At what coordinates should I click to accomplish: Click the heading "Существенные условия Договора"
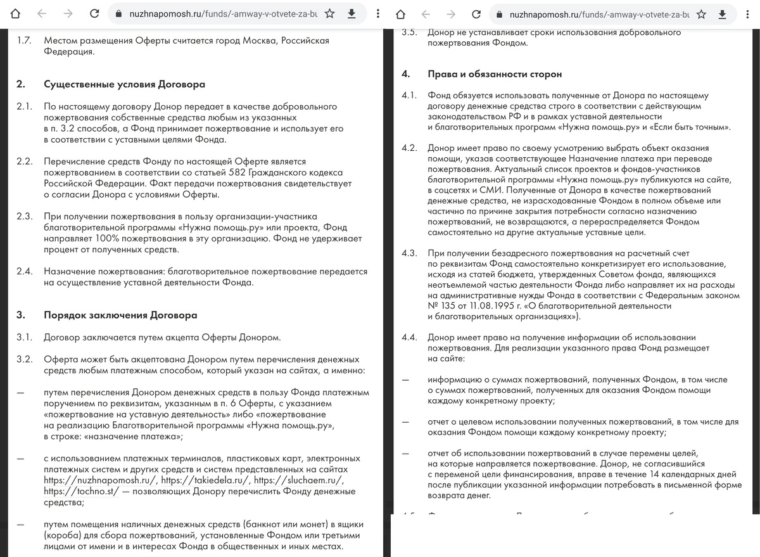pos(124,85)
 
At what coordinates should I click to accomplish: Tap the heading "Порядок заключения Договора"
pos(120,315)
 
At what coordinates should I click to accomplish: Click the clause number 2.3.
pos(25,216)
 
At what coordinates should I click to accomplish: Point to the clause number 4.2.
pos(408,148)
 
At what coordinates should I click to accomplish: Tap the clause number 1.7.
pos(25,41)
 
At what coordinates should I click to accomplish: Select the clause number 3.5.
pos(408,32)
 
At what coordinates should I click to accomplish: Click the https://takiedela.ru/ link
pos(205,480)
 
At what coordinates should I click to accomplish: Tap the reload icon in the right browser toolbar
pos(474,13)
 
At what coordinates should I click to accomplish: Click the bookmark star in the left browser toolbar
pos(330,13)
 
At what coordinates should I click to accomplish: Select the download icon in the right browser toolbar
pos(722,13)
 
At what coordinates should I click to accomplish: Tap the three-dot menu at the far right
pos(749,13)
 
